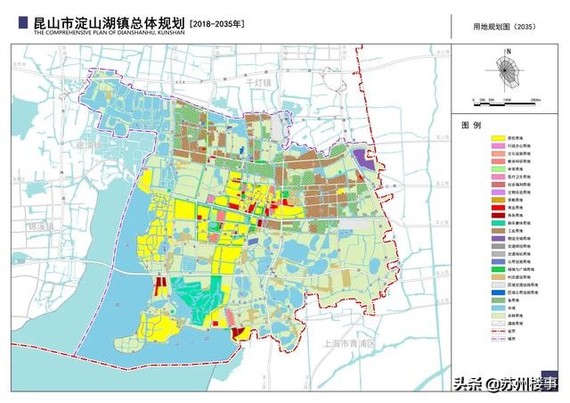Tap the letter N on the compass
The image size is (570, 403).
pyautogui.click(x=506, y=51)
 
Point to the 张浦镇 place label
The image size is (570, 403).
pyautogui.click(x=89, y=143)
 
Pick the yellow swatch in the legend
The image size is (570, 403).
pyautogui.click(x=499, y=140)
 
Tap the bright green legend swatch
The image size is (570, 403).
pyautogui.click(x=499, y=267)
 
